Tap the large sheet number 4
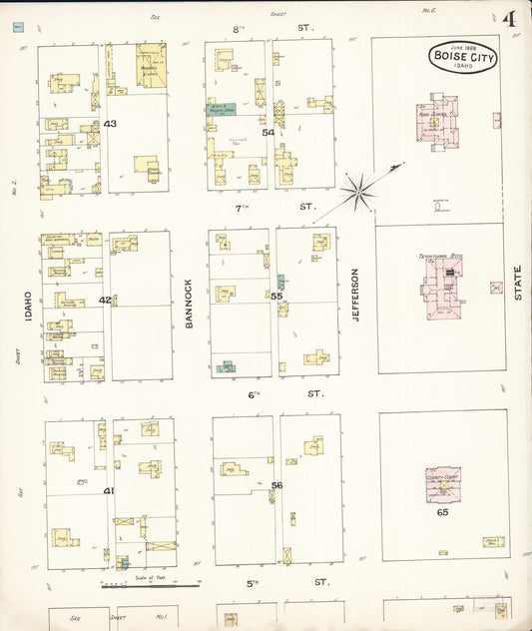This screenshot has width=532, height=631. point(509,19)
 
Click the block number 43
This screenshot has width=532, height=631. point(110,124)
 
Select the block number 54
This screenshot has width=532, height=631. point(267,132)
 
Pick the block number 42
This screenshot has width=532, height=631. point(105,300)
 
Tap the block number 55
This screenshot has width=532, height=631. point(276,296)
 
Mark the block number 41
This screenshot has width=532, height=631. point(109,490)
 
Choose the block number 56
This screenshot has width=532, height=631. point(276,485)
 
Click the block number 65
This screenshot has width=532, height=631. point(442,512)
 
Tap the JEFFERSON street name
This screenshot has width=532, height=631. point(355,293)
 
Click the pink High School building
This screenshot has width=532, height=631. point(437,123)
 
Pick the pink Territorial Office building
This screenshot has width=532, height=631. point(438,285)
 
